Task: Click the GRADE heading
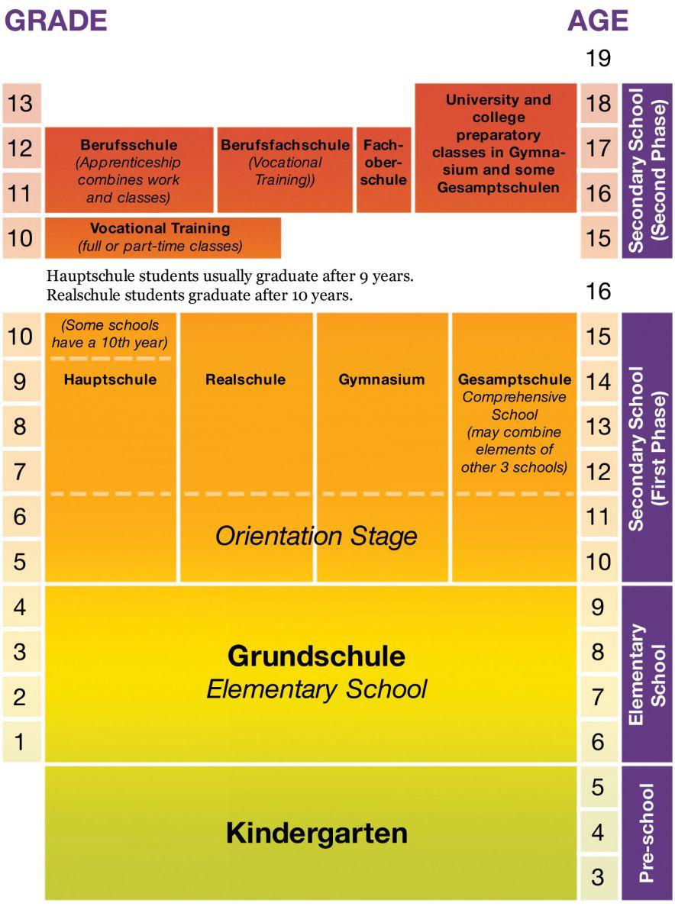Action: point(56,21)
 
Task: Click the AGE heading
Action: point(597,21)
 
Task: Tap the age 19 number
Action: point(598,58)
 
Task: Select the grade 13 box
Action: point(21,103)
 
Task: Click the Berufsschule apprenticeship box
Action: point(128,170)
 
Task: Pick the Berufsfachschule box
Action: point(285,169)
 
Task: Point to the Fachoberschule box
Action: point(383,169)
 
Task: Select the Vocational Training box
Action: point(163,237)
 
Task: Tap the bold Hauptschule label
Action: point(110,379)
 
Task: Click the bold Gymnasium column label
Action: point(382,379)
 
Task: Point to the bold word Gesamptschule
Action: point(515,379)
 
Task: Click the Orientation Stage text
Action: point(316,536)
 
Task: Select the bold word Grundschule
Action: point(316,656)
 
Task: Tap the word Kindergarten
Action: point(316,833)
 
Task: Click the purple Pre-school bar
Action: point(646,833)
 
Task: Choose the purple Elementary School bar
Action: point(646,674)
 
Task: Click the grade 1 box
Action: point(21,741)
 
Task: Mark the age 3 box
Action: point(598,877)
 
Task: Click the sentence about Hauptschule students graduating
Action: point(230,276)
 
